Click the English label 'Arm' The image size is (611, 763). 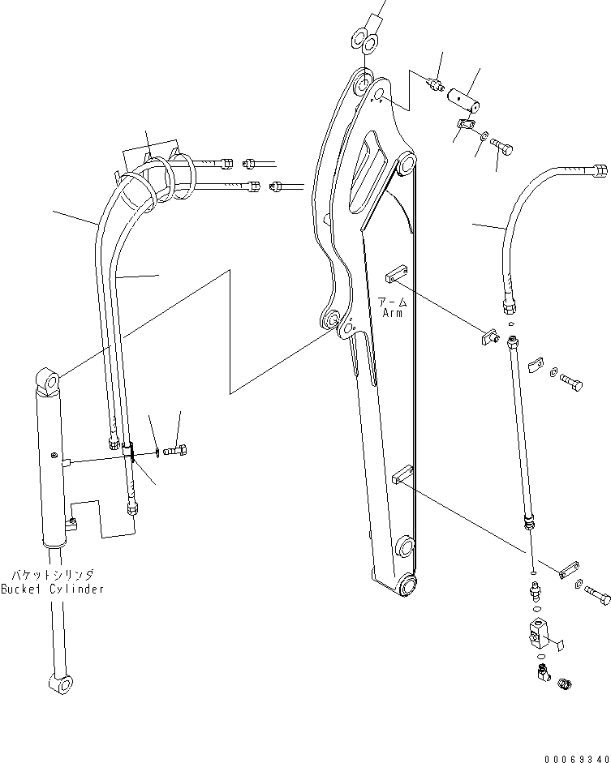click(x=393, y=312)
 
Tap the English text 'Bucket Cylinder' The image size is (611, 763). click(x=53, y=589)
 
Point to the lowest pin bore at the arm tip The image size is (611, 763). click(x=407, y=582)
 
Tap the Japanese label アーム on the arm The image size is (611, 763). click(x=393, y=300)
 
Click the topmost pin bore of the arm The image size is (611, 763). click(x=360, y=83)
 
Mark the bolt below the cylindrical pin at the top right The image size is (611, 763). click(x=502, y=149)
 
